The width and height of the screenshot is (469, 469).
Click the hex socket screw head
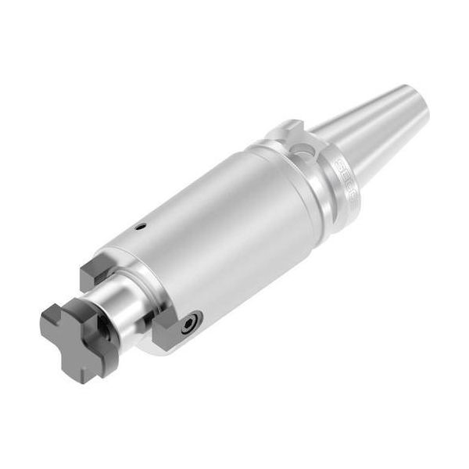[x=189, y=323]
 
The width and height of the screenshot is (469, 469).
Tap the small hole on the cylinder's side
[x=141, y=227]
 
